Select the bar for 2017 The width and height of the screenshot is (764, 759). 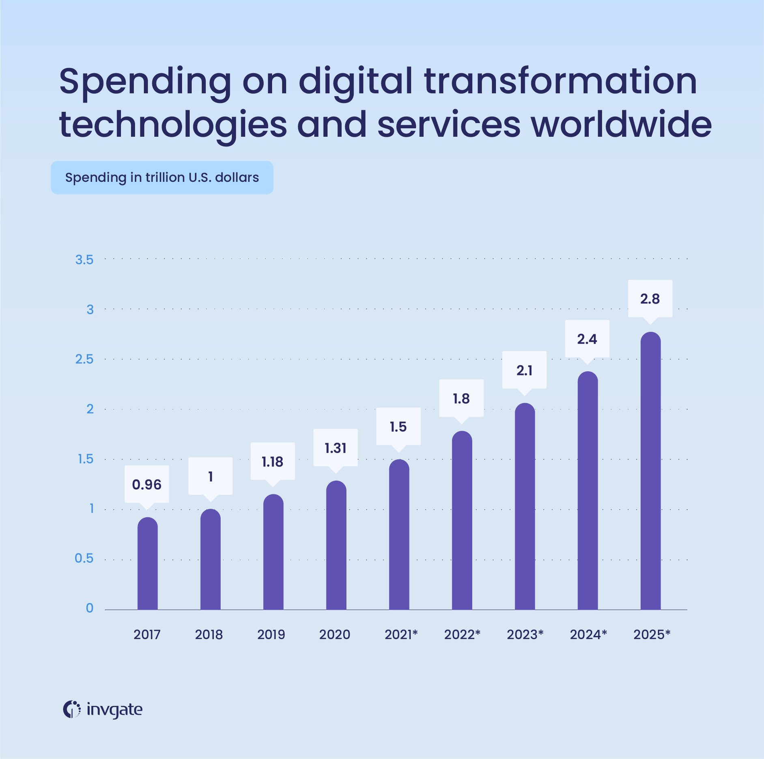coord(147,564)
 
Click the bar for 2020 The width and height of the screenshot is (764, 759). coord(336,546)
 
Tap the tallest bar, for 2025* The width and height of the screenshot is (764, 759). coord(650,471)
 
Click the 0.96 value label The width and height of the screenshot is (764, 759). coord(146,484)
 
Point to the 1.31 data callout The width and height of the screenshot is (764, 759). coord(335,448)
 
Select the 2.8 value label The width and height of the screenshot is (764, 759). coord(650,299)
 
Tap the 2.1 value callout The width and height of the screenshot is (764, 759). coord(524,370)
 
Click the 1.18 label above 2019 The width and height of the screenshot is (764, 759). coord(272,461)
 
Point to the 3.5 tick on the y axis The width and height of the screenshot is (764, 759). coord(84,260)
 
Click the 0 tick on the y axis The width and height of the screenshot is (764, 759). coord(89,608)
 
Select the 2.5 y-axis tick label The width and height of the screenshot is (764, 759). coord(84,359)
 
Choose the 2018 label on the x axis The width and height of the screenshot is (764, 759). coord(209,634)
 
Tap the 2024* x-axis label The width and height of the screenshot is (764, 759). coord(588,634)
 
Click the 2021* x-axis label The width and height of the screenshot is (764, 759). coord(401,634)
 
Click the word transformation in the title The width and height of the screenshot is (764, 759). coord(560,81)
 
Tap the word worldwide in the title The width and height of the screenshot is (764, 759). coord(621,124)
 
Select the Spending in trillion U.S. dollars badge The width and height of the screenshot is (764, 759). coord(162,177)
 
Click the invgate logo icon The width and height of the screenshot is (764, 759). coord(71,709)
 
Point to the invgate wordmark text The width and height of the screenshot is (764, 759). coord(114,709)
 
